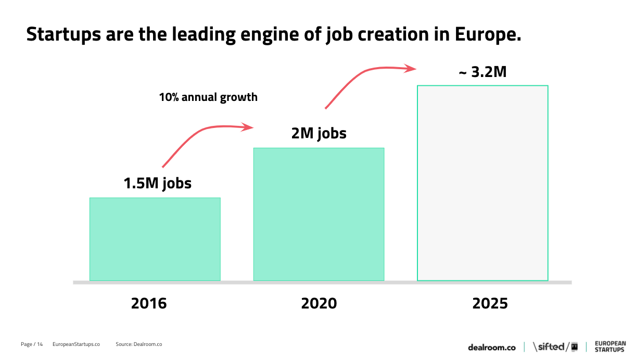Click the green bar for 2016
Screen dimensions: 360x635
[x=155, y=239]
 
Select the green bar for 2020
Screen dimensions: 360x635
[x=319, y=214]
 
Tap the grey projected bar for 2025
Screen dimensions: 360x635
[x=482, y=183]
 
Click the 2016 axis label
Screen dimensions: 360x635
[x=149, y=303]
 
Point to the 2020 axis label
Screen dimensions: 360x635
[x=319, y=303]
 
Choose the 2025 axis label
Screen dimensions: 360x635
[x=490, y=303]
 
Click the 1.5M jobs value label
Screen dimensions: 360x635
[x=157, y=183]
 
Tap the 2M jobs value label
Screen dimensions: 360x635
[x=319, y=133]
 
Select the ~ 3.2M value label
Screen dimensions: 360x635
[x=482, y=72]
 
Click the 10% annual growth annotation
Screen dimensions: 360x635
[x=208, y=97]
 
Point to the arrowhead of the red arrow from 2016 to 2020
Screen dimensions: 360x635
[x=249, y=127]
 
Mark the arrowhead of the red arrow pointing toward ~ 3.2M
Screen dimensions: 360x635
[x=411, y=68]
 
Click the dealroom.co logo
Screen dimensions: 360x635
[x=491, y=347]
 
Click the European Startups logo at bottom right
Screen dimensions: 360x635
[x=609, y=346]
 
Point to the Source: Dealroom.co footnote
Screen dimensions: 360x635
[x=138, y=344]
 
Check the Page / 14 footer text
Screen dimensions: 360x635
[x=32, y=344]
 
